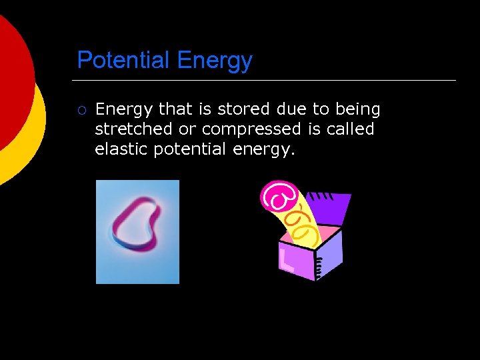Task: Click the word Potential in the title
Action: (123, 61)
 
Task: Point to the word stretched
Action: (133, 129)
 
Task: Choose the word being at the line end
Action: (358, 109)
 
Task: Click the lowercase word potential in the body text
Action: (191, 149)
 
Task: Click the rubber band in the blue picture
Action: (136, 227)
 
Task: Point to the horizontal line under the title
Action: (267, 81)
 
